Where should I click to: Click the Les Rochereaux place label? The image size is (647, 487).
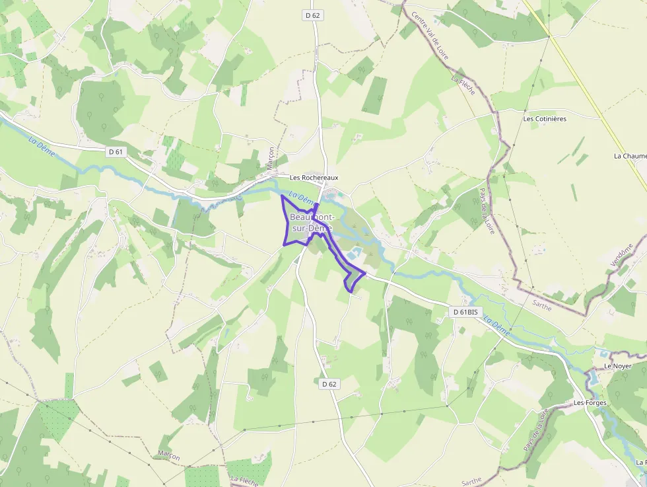pyautogui.click(x=314, y=178)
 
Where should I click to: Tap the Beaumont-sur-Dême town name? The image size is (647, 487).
pyautogui.click(x=312, y=223)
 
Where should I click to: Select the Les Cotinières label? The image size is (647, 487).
pyautogui.click(x=545, y=119)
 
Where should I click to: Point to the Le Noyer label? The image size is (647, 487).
pyautogui.click(x=617, y=366)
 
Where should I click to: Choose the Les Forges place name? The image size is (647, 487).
pyautogui.click(x=590, y=402)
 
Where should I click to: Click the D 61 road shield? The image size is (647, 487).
pyautogui.click(x=116, y=152)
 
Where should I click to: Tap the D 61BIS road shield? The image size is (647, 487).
pyautogui.click(x=465, y=311)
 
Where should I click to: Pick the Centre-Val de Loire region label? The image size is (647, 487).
pyautogui.click(x=430, y=36)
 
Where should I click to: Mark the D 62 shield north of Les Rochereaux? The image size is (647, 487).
pyautogui.click(x=313, y=15)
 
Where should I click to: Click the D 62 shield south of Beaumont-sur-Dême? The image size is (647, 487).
pyautogui.click(x=329, y=383)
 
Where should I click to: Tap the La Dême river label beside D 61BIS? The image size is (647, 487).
pyautogui.click(x=496, y=327)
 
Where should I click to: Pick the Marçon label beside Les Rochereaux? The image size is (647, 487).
pyautogui.click(x=269, y=158)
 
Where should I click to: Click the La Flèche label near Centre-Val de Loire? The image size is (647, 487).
pyautogui.click(x=463, y=85)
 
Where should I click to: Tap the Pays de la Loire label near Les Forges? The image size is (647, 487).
pyautogui.click(x=535, y=430)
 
